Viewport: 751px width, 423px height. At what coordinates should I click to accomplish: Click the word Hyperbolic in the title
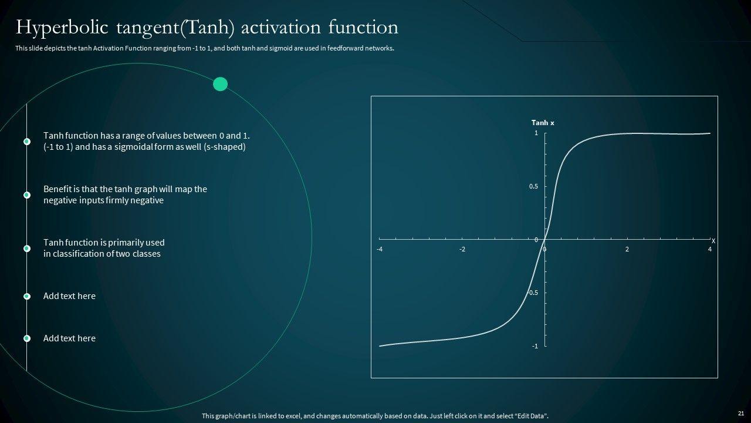tap(62, 28)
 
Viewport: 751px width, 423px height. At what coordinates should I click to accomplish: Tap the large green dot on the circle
tap(220, 84)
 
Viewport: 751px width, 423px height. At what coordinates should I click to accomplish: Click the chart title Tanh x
tap(543, 123)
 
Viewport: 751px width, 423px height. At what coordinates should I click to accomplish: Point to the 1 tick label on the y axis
tap(536, 133)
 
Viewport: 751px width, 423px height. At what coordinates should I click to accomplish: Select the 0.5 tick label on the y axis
tap(533, 186)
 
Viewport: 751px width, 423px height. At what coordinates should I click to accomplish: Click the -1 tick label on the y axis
tap(535, 346)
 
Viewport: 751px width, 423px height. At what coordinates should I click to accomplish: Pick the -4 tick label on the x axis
tap(380, 250)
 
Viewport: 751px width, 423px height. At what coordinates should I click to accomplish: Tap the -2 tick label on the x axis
tap(462, 250)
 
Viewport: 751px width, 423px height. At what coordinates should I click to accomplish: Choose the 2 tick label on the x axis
tap(627, 250)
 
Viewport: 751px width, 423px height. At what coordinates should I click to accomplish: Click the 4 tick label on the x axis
tap(710, 250)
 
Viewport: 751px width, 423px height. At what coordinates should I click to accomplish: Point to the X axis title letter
tap(713, 241)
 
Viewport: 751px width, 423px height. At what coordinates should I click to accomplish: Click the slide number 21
tap(741, 413)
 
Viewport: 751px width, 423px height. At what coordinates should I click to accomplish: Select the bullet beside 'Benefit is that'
tap(27, 195)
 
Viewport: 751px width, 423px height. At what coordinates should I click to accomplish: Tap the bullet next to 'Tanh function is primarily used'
tap(27, 249)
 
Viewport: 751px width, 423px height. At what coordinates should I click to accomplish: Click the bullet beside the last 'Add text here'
tap(27, 338)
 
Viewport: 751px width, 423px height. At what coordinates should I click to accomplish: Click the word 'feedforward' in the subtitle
tap(346, 48)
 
